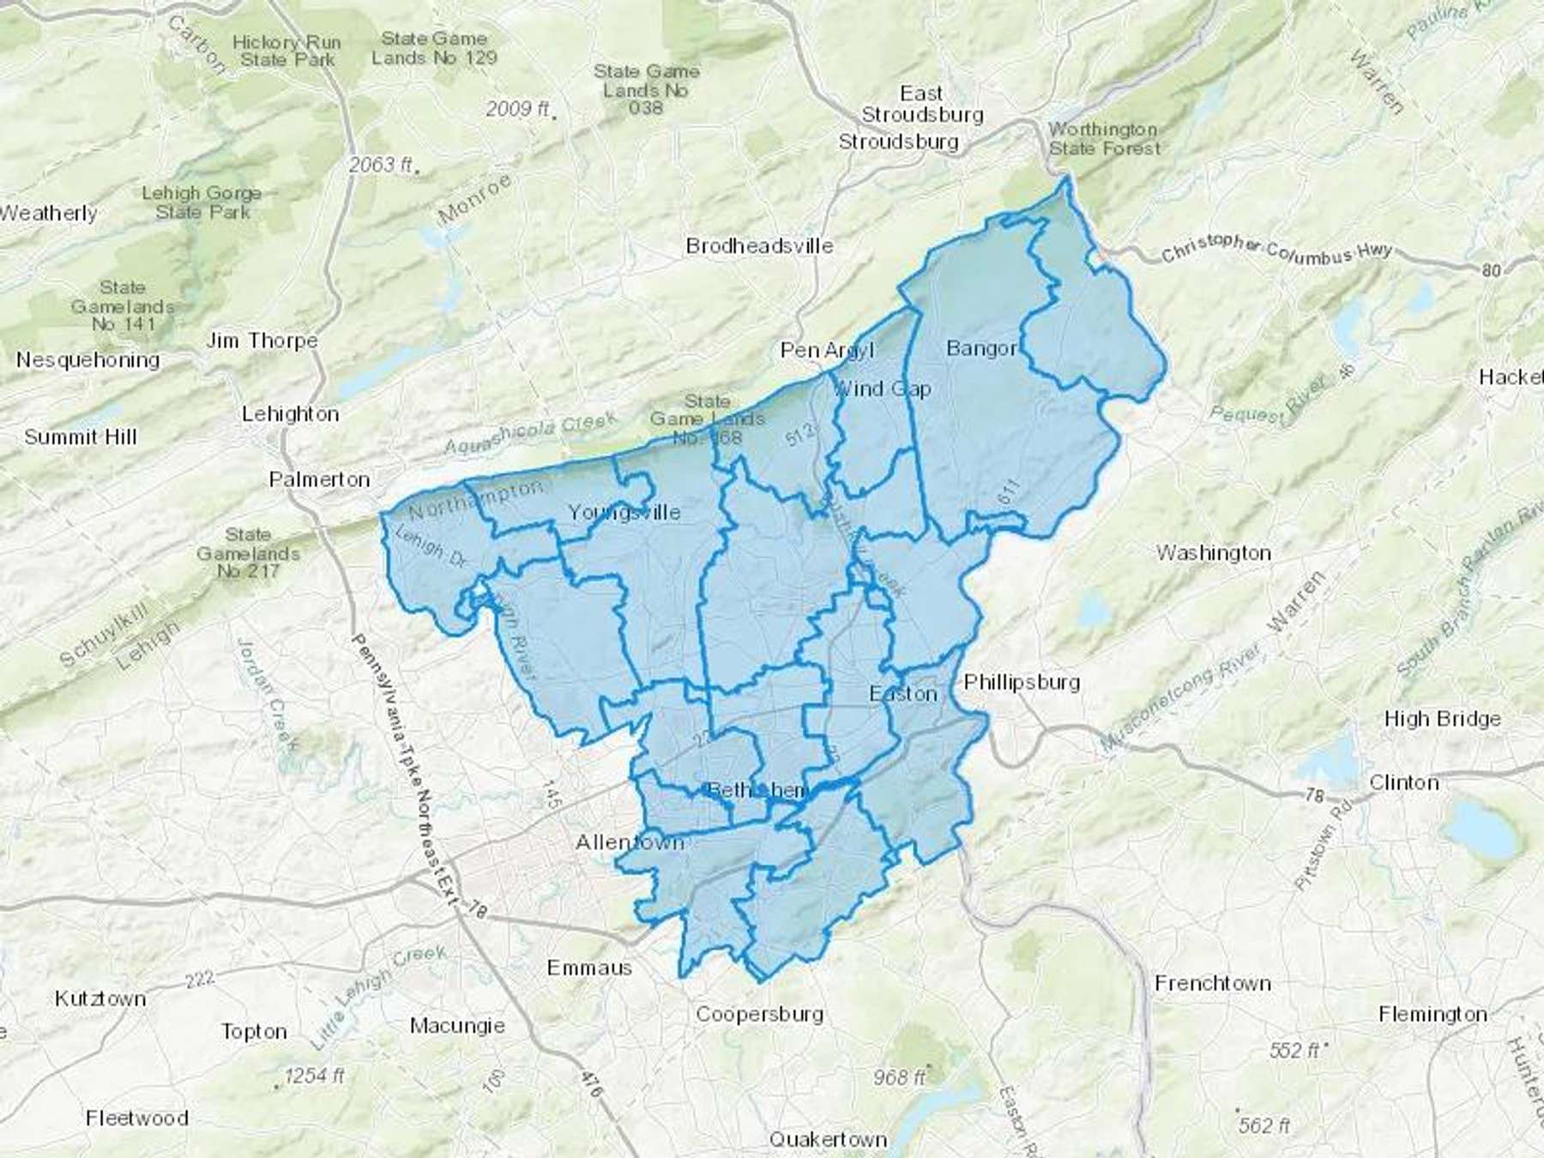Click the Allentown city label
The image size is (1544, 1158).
[630, 842]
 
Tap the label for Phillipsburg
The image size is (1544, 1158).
[1021, 683]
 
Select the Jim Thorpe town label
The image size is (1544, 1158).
[262, 341]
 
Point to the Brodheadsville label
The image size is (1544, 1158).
[759, 246]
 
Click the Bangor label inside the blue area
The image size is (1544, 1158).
[981, 348]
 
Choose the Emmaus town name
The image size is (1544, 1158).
[589, 968]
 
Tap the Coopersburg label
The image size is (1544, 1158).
[759, 1014]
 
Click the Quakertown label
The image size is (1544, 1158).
[828, 1140]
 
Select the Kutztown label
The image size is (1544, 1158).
[100, 999]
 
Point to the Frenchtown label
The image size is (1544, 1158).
[1212, 983]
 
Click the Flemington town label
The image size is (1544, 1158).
[1432, 1015]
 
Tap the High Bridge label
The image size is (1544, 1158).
[1442, 719]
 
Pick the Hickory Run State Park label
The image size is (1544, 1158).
[286, 51]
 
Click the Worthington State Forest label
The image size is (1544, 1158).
[1103, 138]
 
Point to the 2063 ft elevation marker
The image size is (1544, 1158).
[381, 164]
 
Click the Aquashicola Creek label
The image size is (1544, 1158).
[530, 435]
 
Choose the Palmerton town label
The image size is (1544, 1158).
[319, 479]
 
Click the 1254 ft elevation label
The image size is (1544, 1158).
[315, 1075]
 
